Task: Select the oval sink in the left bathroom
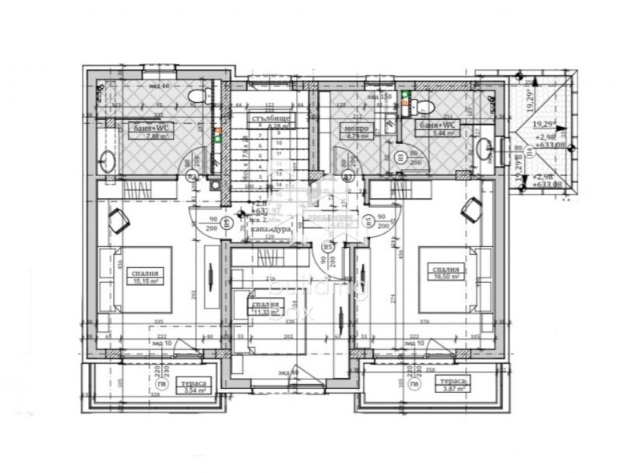point(107,162)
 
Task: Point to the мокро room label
point(357,128)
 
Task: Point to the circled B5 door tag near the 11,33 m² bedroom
point(328,247)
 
